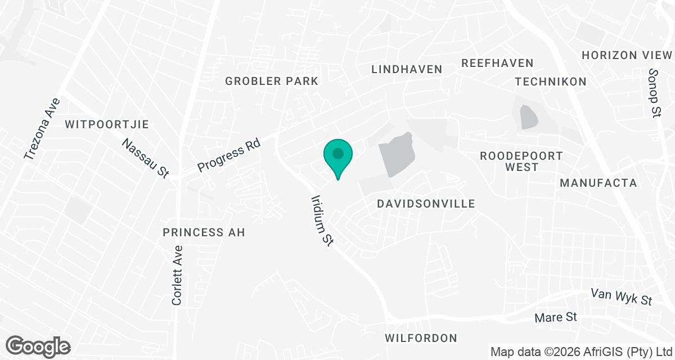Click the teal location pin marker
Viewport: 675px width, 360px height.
(337, 155)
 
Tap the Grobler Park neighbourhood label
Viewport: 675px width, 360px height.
(272, 81)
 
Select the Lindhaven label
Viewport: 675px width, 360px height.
(407, 69)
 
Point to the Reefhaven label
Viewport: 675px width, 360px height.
(497, 63)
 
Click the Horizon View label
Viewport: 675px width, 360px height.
(627, 55)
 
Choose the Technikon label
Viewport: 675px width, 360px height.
(551, 82)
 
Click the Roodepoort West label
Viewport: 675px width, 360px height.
(521, 161)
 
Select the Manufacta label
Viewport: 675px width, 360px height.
(598, 183)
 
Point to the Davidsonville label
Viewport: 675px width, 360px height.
(426, 204)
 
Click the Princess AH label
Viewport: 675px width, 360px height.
(204, 232)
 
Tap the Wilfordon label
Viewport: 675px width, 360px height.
(421, 338)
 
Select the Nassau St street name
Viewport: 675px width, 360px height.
(146, 159)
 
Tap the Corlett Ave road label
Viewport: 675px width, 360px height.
(177, 276)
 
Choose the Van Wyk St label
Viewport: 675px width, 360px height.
(620, 296)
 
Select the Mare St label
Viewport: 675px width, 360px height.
(556, 318)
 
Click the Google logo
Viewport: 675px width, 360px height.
(38, 346)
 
